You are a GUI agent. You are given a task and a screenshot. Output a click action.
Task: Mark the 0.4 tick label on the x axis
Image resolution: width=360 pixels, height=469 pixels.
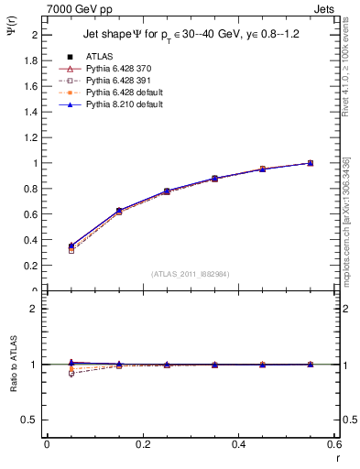tap(238, 444)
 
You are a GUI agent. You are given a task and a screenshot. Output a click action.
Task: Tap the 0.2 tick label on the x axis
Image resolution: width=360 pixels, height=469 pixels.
tap(142, 444)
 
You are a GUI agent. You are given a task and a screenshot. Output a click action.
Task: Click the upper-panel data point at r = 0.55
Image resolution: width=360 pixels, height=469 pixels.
tap(310, 163)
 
